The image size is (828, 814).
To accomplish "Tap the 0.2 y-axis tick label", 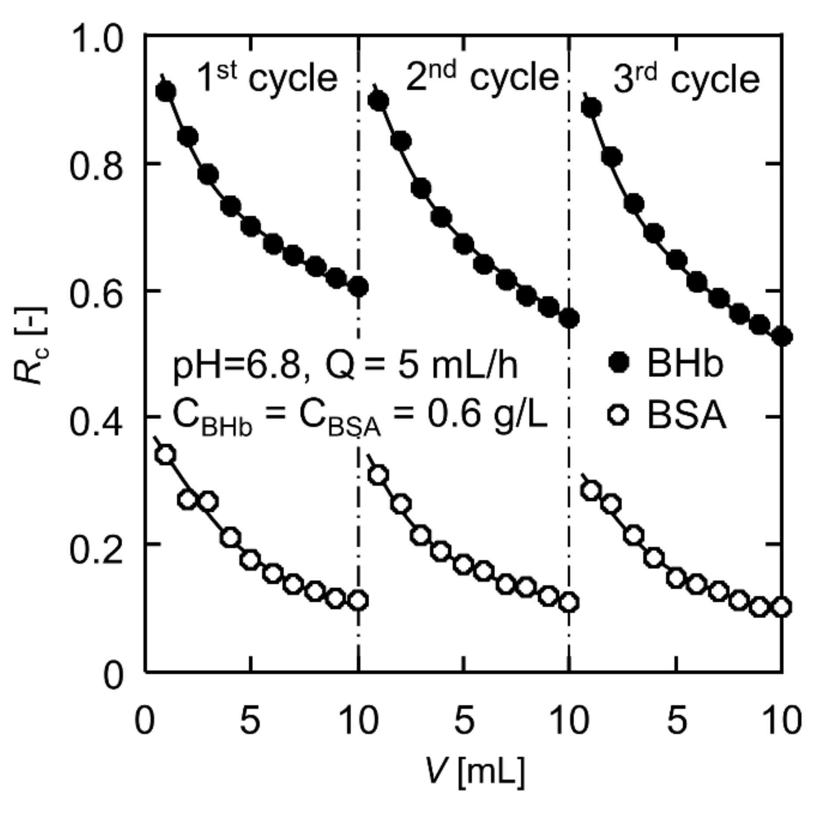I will tap(96, 550).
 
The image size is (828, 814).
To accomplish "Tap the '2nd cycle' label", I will tap(481, 77).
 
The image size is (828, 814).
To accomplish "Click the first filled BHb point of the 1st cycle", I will tap(166, 92).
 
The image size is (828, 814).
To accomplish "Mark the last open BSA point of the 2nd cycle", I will tap(570, 602).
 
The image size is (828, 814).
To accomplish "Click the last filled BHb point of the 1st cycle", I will tap(359, 288).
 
